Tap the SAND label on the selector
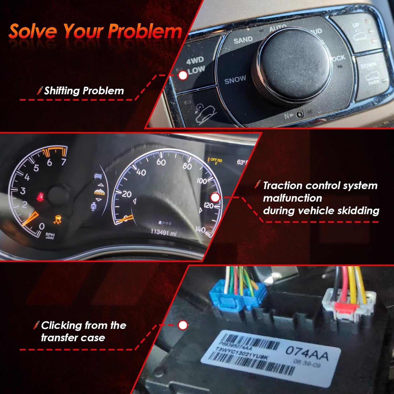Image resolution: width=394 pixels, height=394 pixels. coord(243,40)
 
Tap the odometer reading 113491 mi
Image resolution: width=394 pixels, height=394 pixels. coord(163,232)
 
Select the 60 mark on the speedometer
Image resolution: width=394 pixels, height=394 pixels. coord(161,162)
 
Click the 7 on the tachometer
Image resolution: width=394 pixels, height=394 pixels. coord(63,162)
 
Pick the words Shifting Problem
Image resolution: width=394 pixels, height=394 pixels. coord(84,91)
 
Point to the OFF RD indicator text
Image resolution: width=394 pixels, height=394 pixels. coord(216,160)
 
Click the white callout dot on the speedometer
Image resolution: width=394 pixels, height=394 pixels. coord(215,198)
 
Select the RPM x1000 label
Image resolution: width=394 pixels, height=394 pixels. coord(50,236)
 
